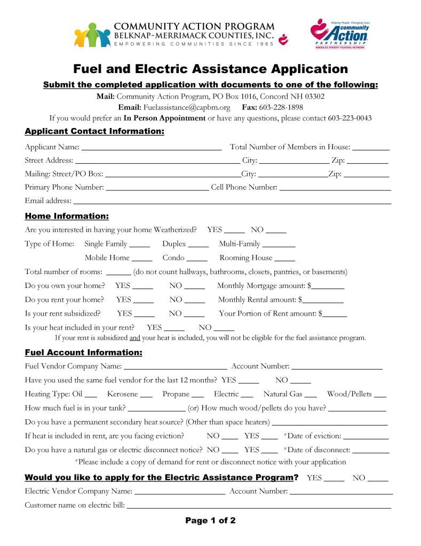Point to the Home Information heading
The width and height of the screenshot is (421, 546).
tap(67, 216)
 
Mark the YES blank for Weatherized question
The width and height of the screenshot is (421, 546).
tap(234, 231)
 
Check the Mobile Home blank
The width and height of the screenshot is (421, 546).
tap(142, 259)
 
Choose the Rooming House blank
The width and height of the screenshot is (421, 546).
tap(284, 259)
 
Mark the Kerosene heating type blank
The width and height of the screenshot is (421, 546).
tap(147, 396)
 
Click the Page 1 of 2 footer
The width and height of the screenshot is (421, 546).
tap(210, 521)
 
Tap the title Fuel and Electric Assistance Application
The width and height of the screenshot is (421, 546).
tap(210, 69)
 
